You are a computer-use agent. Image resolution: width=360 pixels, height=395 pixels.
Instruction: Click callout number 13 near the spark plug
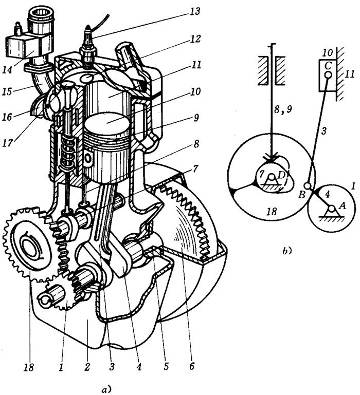tap(194, 11)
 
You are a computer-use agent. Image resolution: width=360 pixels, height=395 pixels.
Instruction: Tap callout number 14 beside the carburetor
tap(7, 69)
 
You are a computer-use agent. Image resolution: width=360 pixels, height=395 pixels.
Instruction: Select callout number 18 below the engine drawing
tap(28, 367)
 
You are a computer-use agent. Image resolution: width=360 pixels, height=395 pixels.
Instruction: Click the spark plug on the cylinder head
tap(88, 48)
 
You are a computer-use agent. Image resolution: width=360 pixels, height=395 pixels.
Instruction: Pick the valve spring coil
tap(67, 154)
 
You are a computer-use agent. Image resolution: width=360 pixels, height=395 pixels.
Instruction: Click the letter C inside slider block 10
tap(328, 66)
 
